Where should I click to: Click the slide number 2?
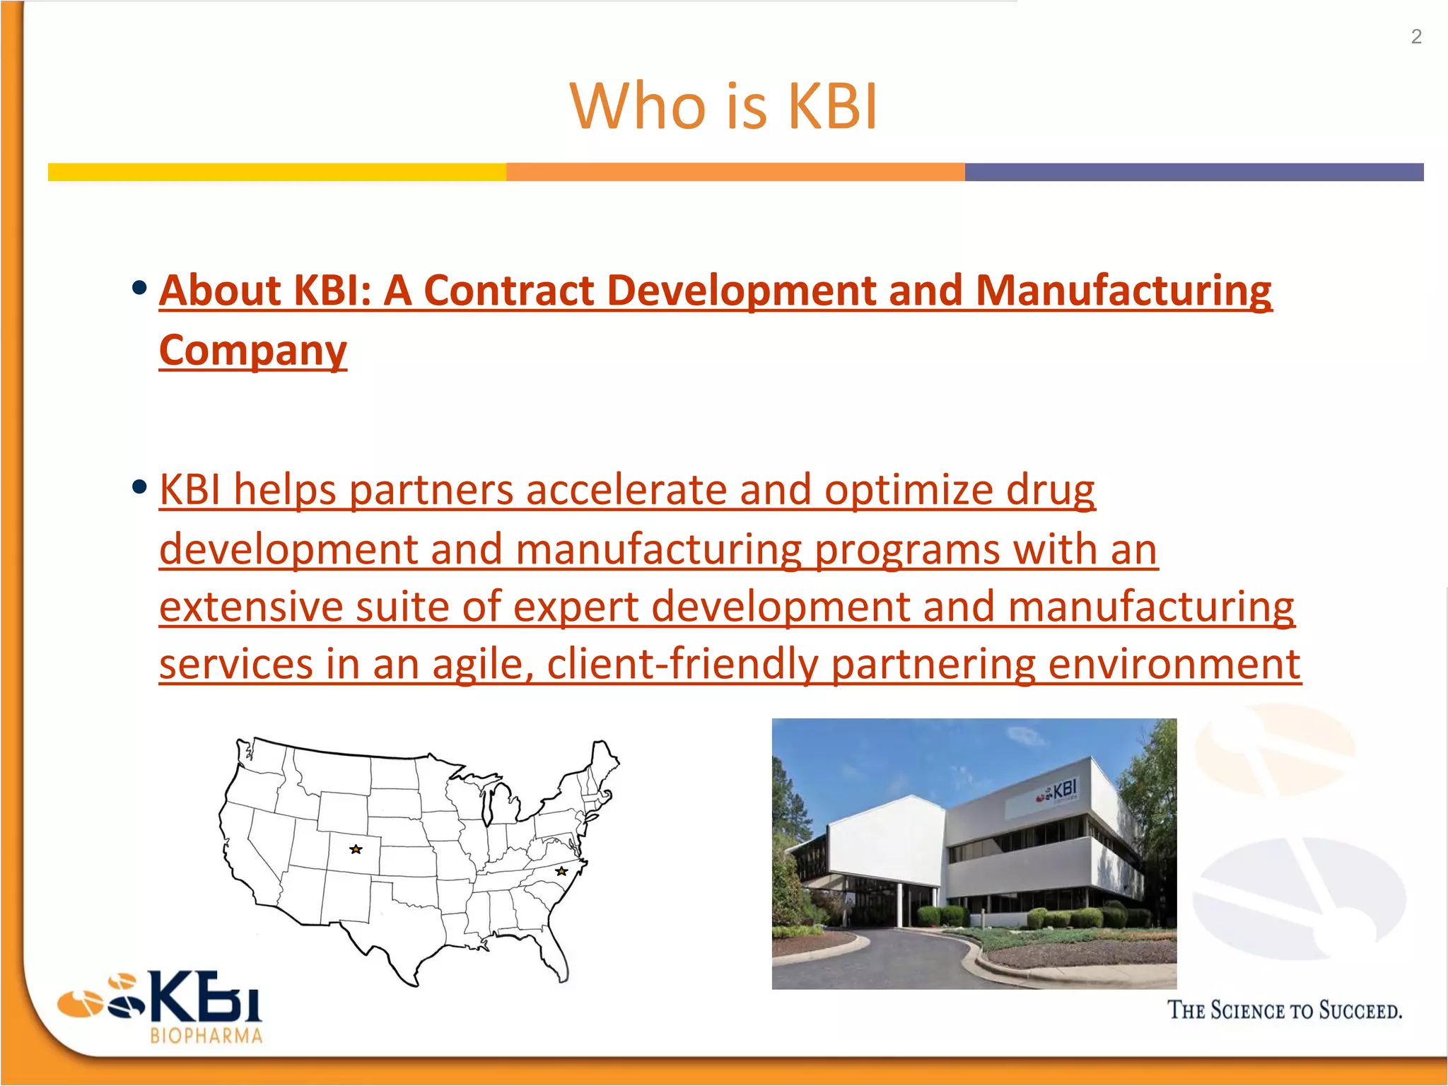1416,37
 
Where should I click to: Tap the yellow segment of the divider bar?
276,172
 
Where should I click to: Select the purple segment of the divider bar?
1193,172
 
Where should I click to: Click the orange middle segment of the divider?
735,172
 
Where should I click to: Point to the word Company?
253,350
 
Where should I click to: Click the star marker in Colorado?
356,849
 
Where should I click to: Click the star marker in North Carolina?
561,871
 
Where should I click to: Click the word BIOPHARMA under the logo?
206,1037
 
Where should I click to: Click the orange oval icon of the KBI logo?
79,1003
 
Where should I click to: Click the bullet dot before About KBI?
139,288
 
